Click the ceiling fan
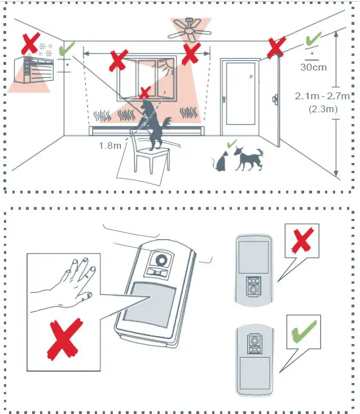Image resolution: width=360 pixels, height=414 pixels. point(190,30)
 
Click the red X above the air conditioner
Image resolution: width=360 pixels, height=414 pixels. point(30,42)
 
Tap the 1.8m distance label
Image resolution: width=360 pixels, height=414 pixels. point(109,146)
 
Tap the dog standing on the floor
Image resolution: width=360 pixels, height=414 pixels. point(248,158)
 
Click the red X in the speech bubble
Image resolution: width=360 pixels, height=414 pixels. point(302,240)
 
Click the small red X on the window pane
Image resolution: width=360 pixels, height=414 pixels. point(145,93)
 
